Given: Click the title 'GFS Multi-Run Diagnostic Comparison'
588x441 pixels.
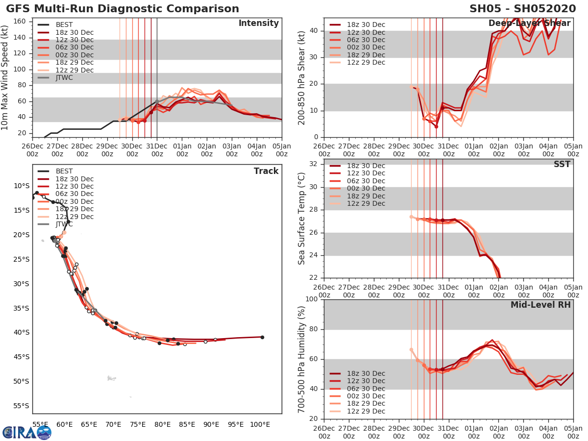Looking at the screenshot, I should point(122,9).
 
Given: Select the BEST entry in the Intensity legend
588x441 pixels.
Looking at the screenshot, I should point(64,24).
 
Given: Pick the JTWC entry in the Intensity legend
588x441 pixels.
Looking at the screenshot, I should point(64,77).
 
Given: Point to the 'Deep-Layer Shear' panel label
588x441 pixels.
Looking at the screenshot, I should point(529,24).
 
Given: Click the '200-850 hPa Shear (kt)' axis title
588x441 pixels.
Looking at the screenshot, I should point(302,77).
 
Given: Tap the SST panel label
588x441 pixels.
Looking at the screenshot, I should point(562,164).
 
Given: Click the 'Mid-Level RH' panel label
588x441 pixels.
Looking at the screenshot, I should point(540,305).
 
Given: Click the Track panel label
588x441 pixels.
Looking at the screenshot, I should point(266,171).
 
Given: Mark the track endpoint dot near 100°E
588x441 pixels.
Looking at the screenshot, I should point(262,337).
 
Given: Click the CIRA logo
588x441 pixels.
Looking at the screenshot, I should point(26,432).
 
